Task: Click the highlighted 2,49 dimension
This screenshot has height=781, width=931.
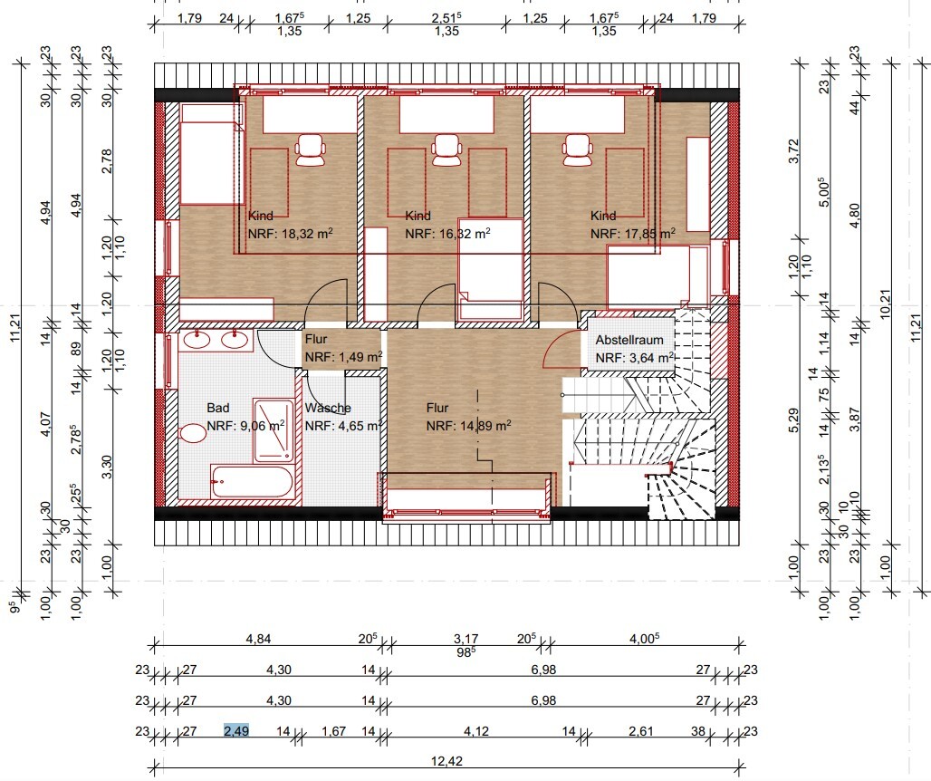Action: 236,730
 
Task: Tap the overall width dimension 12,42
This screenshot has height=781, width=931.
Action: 447,761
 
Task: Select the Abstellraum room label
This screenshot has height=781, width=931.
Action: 629,341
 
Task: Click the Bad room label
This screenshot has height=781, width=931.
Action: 218,408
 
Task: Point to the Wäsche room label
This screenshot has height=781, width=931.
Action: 328,408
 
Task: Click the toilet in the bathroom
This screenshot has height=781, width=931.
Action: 191,434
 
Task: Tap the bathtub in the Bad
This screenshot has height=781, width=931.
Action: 252,482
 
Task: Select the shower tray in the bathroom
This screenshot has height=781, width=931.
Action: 274,431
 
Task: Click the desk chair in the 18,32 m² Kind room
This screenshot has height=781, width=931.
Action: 311,149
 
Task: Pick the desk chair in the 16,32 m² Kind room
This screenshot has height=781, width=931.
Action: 447,149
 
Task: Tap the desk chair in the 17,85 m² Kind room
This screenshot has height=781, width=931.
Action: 578,149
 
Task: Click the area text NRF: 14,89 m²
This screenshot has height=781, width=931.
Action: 468,426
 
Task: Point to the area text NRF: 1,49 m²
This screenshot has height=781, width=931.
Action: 343,357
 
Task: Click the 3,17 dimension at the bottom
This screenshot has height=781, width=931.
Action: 466,639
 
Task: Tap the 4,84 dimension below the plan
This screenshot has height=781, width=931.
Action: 258,639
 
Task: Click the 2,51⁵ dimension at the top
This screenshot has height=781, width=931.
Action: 446,18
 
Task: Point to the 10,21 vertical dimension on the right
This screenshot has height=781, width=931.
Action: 886,304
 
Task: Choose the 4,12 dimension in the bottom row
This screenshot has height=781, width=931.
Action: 476,730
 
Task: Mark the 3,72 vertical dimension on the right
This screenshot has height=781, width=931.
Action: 794,151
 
